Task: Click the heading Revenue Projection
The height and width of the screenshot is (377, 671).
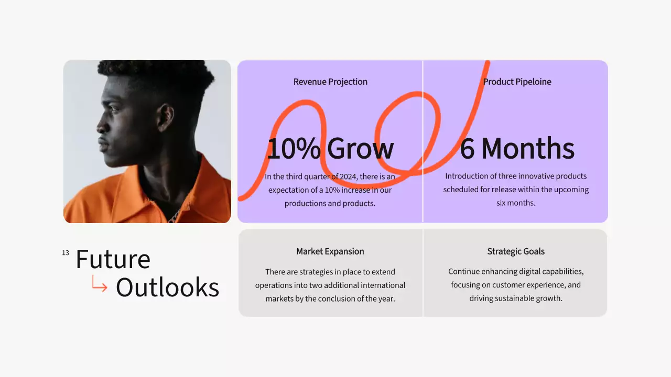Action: pyautogui.click(x=330, y=82)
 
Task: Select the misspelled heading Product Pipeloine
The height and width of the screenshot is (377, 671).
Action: pyautogui.click(x=517, y=82)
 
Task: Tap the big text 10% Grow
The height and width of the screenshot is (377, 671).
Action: pyautogui.click(x=330, y=148)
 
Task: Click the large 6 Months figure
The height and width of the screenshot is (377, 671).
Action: pyautogui.click(x=517, y=148)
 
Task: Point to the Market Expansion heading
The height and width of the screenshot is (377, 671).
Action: pyautogui.click(x=330, y=251)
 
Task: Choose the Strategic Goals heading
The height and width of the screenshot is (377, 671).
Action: pyautogui.click(x=516, y=251)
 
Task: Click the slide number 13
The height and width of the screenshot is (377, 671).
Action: pyautogui.click(x=66, y=253)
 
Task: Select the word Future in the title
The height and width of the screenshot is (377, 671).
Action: pyautogui.click(x=113, y=259)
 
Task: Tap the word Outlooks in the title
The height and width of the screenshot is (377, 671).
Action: pyautogui.click(x=167, y=287)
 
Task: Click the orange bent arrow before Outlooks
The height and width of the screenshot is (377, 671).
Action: pyautogui.click(x=99, y=284)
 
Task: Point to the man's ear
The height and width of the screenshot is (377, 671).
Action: pyautogui.click(x=165, y=117)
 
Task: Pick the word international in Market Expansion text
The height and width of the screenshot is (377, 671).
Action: pyautogui.click(x=381, y=285)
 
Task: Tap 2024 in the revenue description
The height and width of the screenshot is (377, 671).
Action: pyautogui.click(x=348, y=176)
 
